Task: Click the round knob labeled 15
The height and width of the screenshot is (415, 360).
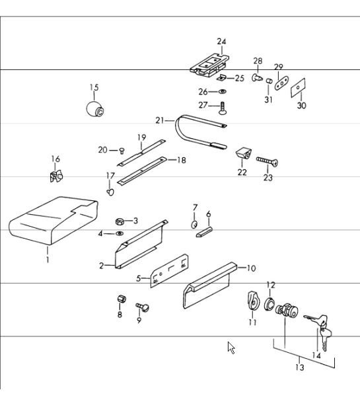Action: point(96,108)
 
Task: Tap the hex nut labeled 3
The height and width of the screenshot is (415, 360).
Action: point(121,221)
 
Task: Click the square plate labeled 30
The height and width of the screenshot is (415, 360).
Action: point(299,89)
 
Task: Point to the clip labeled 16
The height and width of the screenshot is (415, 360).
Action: point(55,176)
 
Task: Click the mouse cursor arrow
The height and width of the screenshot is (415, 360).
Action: point(231,348)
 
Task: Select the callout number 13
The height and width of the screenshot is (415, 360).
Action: point(299,367)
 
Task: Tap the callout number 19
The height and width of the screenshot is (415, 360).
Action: point(141,137)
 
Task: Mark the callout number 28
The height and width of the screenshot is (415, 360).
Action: point(258,61)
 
